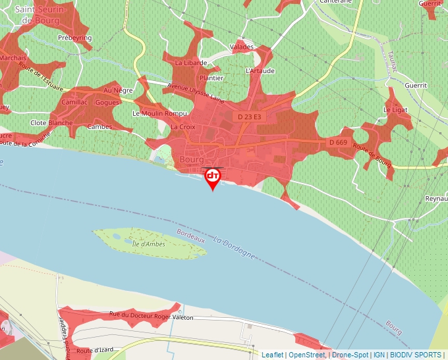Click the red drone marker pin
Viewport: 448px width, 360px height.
coord(213,177)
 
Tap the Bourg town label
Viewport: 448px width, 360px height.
coord(190,160)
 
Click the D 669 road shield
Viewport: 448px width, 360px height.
coord(337,142)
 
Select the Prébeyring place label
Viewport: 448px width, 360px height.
coord(75,38)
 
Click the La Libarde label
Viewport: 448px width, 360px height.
coord(191,63)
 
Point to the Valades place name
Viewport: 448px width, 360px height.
coord(242,47)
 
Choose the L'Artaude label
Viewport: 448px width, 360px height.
coord(260,70)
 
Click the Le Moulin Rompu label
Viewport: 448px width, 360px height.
coord(155,113)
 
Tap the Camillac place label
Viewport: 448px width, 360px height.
coord(74,103)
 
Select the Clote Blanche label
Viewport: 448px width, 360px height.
coord(51,123)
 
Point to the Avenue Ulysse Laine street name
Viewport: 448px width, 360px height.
coord(196,93)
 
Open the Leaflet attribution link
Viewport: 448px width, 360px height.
coord(272,355)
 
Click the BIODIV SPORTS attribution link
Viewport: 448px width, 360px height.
coord(415,355)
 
